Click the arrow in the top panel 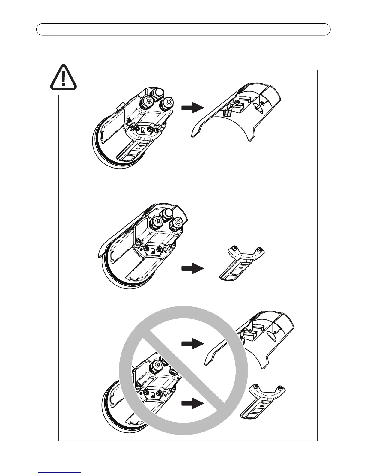pyautogui.click(x=192, y=108)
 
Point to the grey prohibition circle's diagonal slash pyautogui.click(x=183, y=370)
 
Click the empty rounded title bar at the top pyautogui.click(x=183, y=29)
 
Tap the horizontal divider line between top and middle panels pyautogui.click(x=188, y=188)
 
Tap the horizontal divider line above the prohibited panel pyautogui.click(x=188, y=299)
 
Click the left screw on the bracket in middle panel pyautogui.click(x=235, y=247)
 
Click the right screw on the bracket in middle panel pyautogui.click(x=260, y=249)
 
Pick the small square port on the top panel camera pyautogui.click(x=143, y=130)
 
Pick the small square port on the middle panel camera pyautogui.click(x=153, y=250)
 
